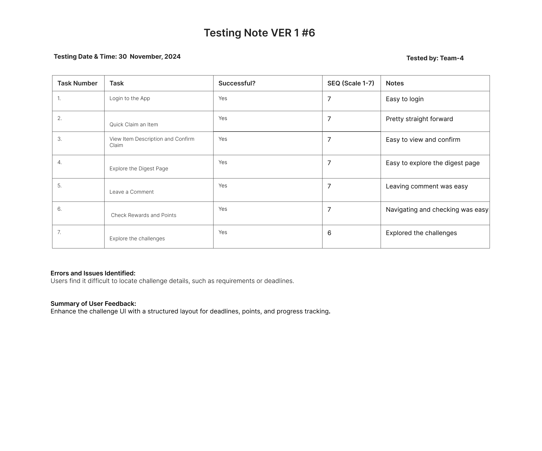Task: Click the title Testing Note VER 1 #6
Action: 259,33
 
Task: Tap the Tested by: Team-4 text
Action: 435,58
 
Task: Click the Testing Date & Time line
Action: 117,57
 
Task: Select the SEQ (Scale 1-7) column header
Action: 351,83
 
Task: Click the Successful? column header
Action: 237,83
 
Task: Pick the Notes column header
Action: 395,83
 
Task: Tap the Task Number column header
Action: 77,83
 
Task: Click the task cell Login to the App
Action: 130,99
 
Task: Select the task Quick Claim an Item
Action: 134,125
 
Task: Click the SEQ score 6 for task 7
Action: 329,233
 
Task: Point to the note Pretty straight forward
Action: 419,119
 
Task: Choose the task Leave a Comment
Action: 132,192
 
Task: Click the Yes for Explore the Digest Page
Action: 223,162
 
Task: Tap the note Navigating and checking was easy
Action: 437,210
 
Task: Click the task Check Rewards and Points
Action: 144,215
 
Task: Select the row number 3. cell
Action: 60,139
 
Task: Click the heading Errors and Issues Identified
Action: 93,273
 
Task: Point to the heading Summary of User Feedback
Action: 93,304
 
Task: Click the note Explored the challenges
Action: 421,233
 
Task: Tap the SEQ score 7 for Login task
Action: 329,99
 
